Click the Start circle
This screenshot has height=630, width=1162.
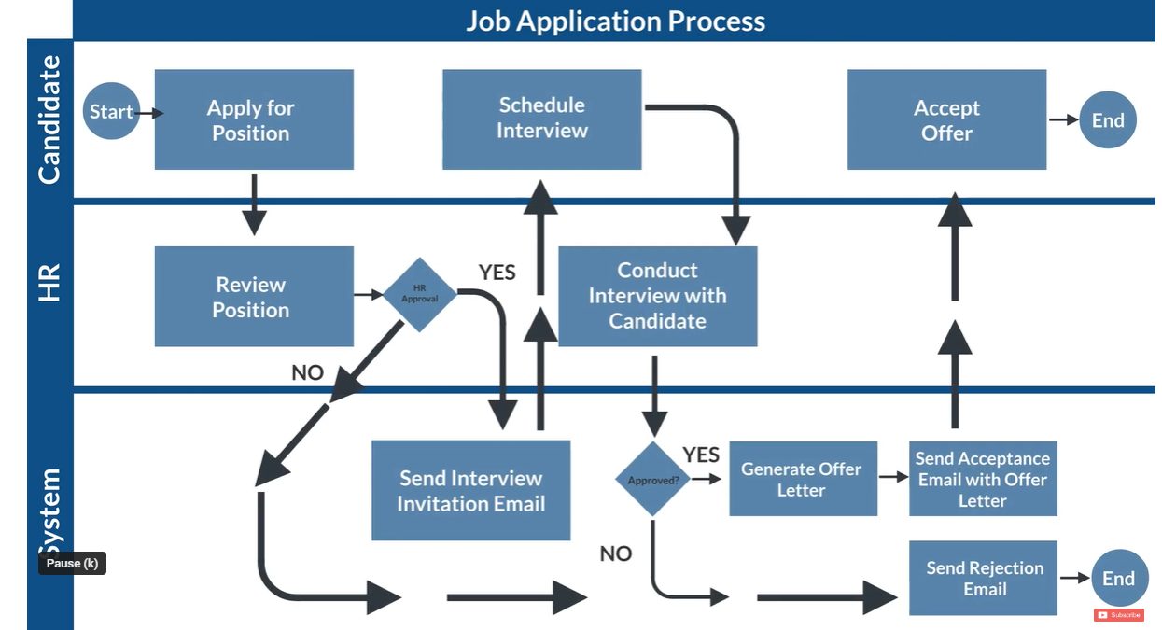point(111,112)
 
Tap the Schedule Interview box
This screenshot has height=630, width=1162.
point(541,119)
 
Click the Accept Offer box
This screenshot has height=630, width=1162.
point(946,119)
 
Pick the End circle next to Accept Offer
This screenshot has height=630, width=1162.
point(1108,119)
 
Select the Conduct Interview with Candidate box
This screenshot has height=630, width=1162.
point(657,296)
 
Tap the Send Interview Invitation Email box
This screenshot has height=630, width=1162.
point(470,490)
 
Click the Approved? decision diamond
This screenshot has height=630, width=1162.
point(653,480)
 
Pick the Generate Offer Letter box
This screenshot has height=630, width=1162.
point(803,479)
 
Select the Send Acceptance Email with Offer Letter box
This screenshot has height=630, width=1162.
point(983,479)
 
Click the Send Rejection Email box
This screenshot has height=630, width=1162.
point(983,578)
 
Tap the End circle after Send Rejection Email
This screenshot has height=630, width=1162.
point(1118,578)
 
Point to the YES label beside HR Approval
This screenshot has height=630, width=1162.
point(497,273)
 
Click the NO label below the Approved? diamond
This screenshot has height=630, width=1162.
point(616,553)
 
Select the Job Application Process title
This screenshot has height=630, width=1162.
point(615,21)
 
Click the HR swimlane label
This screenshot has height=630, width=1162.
point(49,282)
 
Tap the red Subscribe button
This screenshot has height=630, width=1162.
point(1118,615)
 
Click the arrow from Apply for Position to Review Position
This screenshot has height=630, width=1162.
point(254,206)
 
